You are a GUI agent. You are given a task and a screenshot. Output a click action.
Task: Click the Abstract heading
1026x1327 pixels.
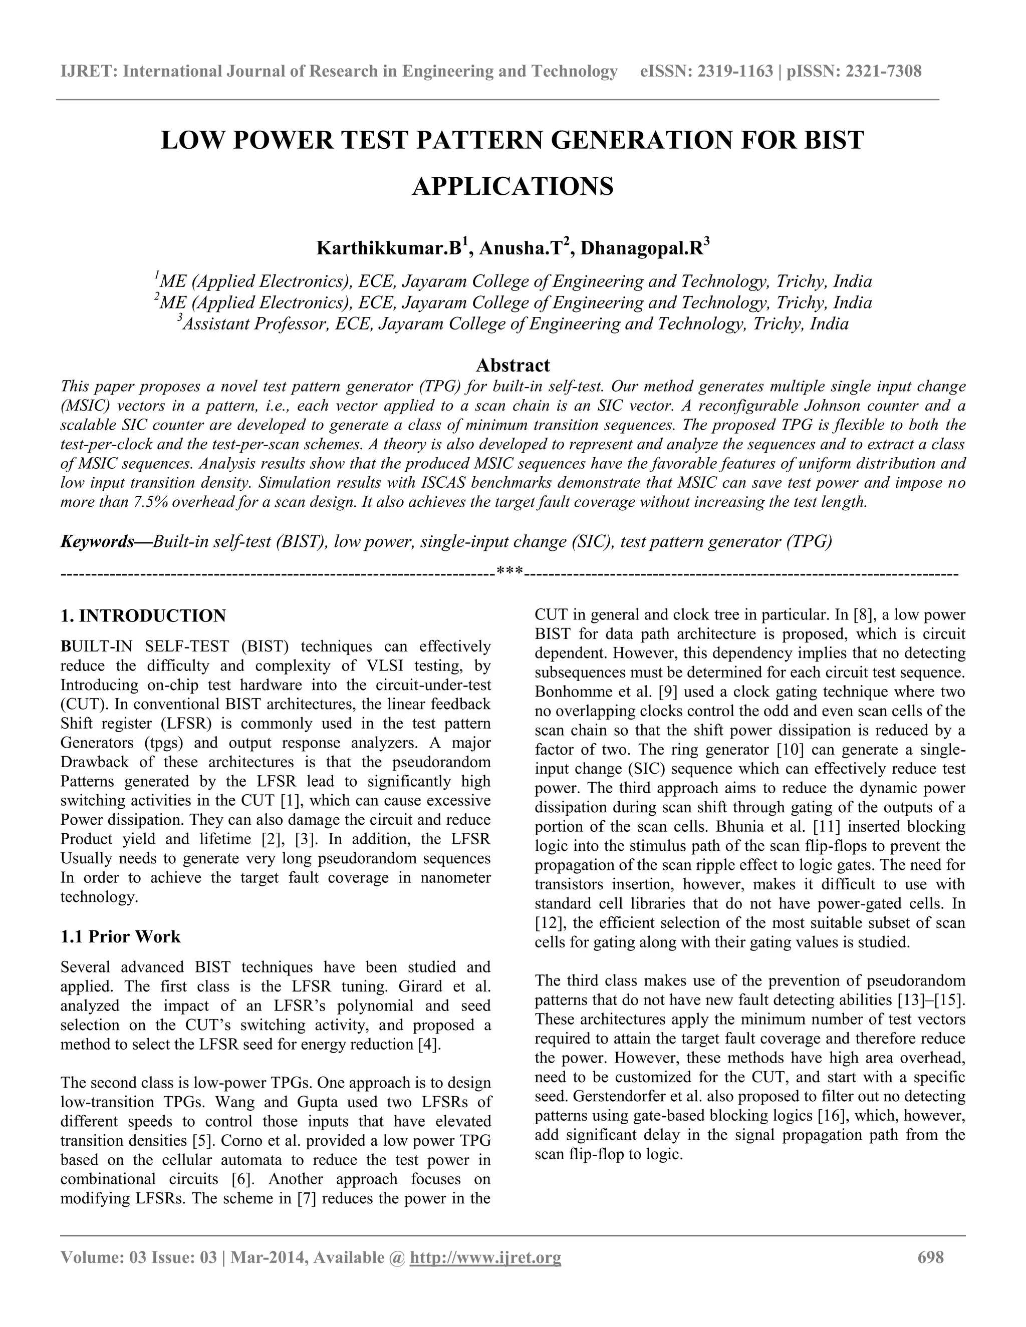pos(512,365)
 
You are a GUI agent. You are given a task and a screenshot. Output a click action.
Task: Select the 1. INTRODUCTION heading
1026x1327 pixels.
pos(143,615)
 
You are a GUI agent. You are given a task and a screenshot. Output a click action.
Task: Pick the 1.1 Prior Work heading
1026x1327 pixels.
pos(120,936)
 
